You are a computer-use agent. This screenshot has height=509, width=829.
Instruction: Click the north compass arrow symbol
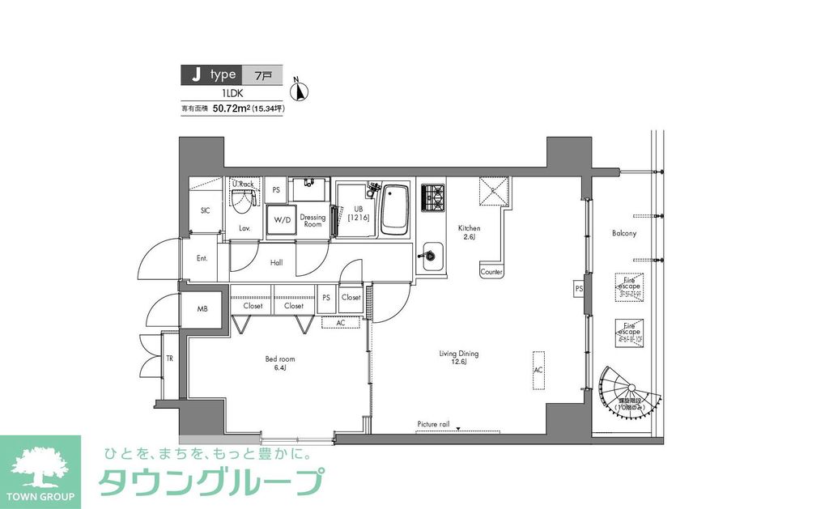click(300, 91)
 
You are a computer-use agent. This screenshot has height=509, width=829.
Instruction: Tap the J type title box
click(212, 75)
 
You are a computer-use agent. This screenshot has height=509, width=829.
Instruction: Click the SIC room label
click(205, 210)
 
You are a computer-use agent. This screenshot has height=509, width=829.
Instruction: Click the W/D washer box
click(282, 219)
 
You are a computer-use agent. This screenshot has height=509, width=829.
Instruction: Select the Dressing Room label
click(312, 220)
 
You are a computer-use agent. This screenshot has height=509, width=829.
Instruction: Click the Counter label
click(491, 273)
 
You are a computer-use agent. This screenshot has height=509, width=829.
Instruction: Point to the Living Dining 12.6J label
click(459, 358)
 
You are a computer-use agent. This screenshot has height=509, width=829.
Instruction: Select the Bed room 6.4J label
click(280, 363)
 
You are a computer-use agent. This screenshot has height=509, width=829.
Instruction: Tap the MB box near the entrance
click(202, 309)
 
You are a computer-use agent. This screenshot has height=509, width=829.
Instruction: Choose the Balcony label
click(623, 233)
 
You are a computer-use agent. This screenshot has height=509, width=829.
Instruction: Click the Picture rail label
click(439, 424)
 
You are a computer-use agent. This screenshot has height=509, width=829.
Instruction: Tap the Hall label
click(277, 263)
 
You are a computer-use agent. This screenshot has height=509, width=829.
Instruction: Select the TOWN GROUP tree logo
click(40, 468)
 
